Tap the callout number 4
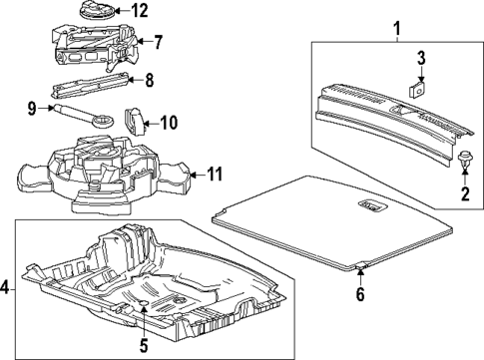(7, 290)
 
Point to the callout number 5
(143, 346)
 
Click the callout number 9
(31, 108)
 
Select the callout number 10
(168, 124)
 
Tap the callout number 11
(213, 175)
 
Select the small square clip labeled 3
(419, 87)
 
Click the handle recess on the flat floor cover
(370, 206)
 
